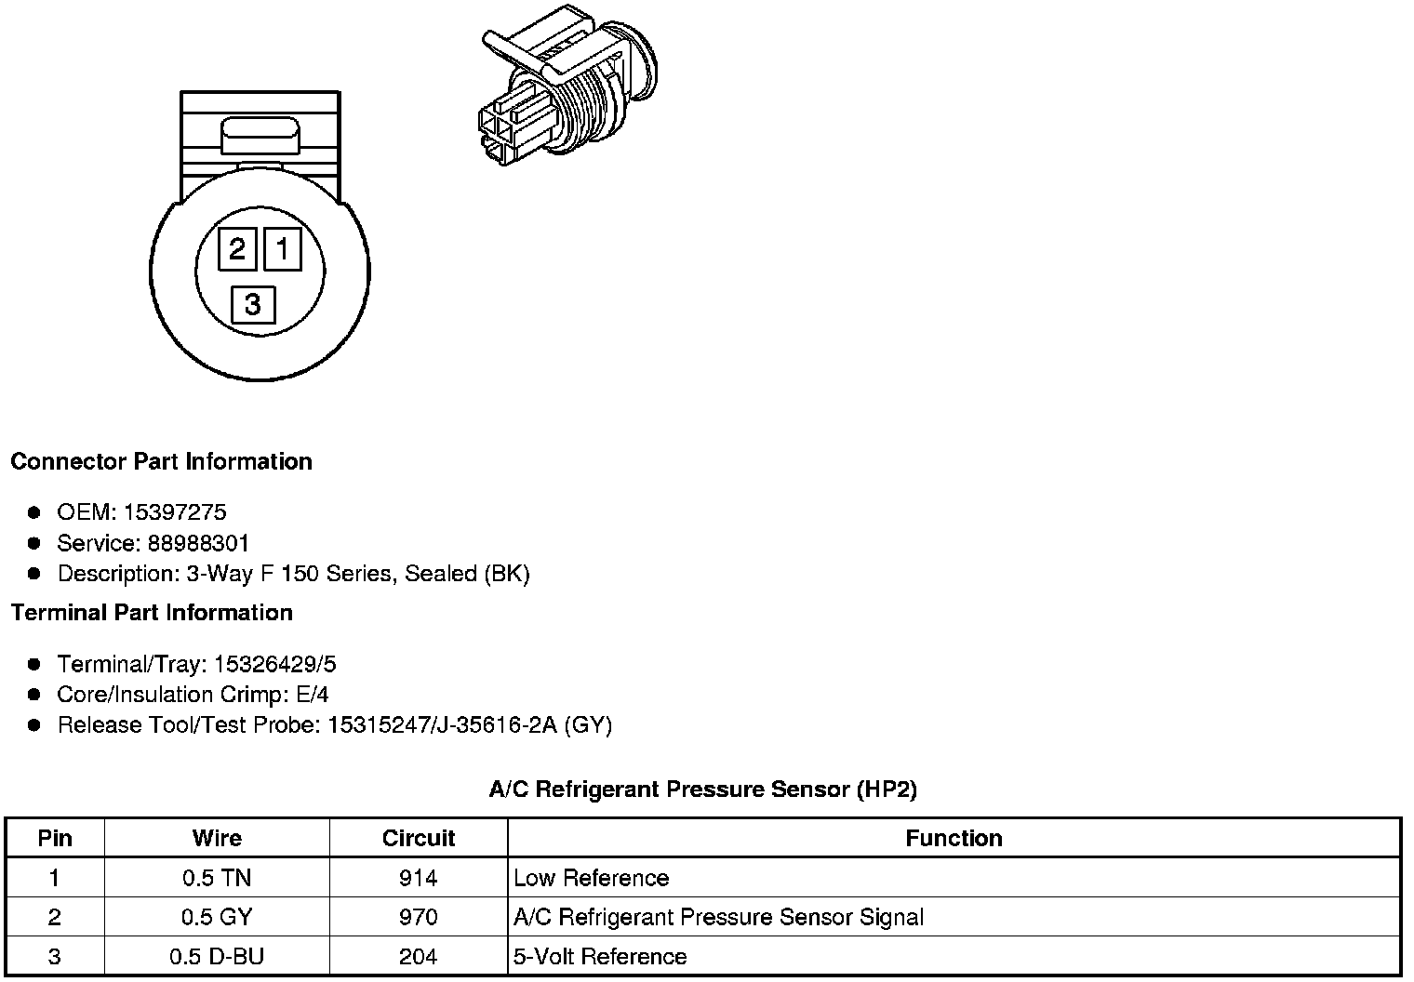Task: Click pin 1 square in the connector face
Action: [x=283, y=249]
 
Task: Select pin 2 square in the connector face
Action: [x=237, y=249]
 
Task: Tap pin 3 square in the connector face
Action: [x=253, y=304]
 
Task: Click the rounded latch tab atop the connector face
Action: [x=260, y=137]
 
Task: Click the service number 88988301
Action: [x=198, y=543]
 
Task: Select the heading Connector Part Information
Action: [x=161, y=462]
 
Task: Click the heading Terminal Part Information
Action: [x=152, y=613]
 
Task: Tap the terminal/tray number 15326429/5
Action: [x=274, y=664]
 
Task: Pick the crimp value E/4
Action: [x=309, y=695]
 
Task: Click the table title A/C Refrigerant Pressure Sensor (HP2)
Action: [x=702, y=790]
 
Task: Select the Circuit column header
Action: [x=419, y=838]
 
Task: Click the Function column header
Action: [x=954, y=838]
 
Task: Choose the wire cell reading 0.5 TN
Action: [x=217, y=878]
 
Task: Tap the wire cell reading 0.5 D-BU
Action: [x=217, y=957]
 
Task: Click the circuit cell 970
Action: [x=419, y=918]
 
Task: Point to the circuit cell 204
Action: [x=419, y=957]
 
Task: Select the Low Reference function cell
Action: [x=591, y=878]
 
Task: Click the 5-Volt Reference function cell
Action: [x=600, y=957]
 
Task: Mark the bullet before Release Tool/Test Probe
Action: [x=34, y=725]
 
